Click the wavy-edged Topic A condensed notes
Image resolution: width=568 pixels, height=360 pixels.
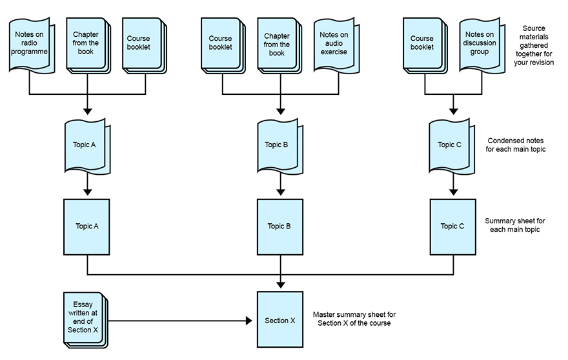86,145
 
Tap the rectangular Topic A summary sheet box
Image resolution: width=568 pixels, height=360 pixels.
86,226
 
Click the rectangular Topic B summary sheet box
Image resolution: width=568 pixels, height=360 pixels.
279,226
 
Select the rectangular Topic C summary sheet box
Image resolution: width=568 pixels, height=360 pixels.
452,226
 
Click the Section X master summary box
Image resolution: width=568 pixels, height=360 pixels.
280,321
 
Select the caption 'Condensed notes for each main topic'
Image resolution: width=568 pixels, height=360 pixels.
515,145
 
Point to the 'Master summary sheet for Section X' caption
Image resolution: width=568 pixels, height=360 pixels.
353,319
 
